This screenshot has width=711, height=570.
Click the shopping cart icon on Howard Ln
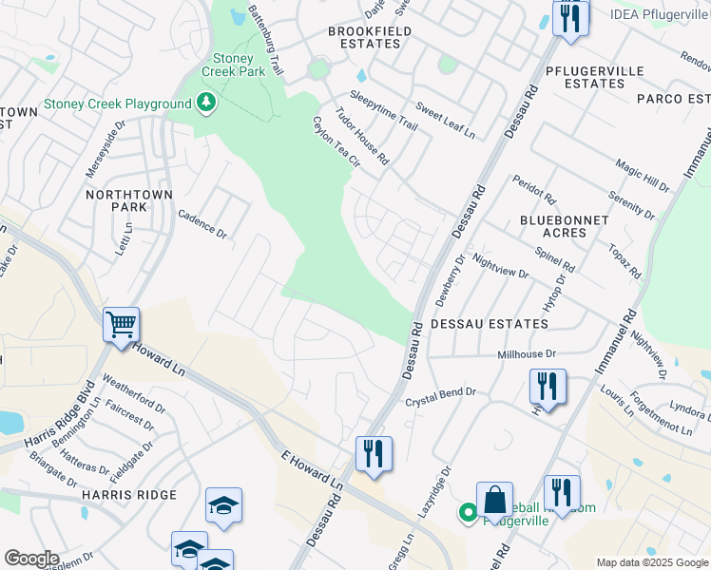tap(122, 325)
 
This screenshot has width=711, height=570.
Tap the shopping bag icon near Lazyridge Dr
tap(494, 500)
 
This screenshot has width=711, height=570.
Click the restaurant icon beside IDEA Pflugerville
tap(569, 18)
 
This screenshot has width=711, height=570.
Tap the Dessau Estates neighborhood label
tap(489, 324)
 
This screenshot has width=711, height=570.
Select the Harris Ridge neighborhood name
tap(129, 495)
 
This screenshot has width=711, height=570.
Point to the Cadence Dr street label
tap(202, 224)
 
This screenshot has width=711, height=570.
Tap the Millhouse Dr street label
tap(526, 354)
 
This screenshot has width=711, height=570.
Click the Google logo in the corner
tap(31, 559)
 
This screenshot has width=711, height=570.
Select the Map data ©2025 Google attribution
tap(651, 562)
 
